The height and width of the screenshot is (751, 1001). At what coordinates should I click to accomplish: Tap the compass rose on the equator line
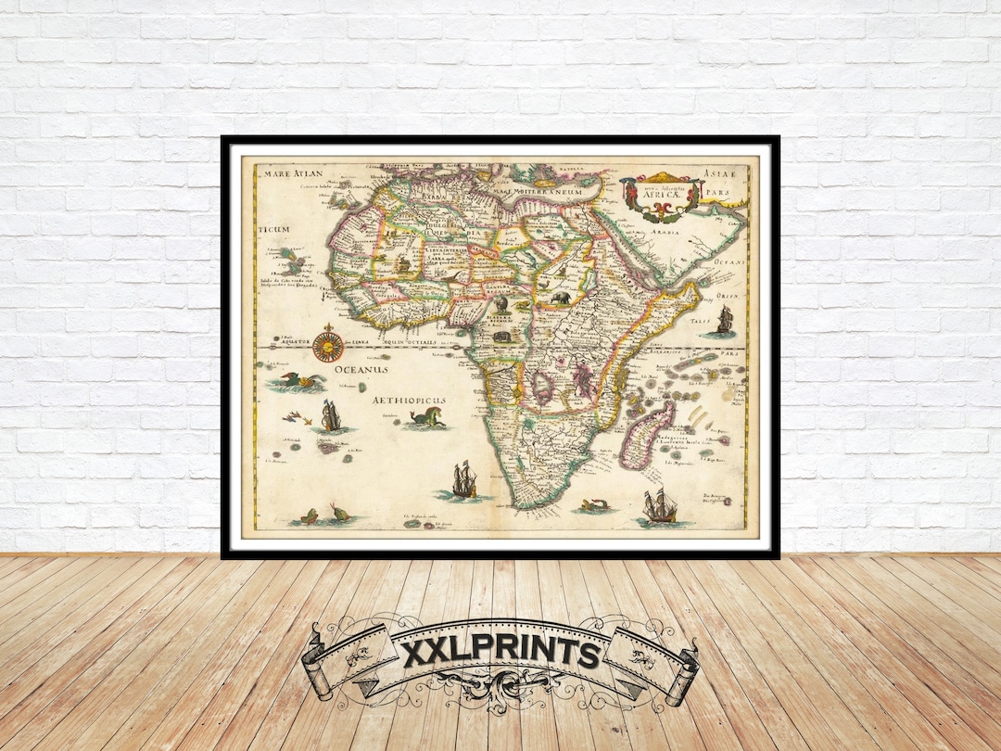pos(326,346)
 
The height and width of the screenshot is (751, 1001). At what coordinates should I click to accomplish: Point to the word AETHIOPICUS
pos(409,400)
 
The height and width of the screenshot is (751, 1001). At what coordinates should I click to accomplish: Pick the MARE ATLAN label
pos(292,173)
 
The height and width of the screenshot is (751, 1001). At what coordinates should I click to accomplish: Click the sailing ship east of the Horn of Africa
pos(724,322)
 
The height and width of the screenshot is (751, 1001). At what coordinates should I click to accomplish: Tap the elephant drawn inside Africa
pos(564,299)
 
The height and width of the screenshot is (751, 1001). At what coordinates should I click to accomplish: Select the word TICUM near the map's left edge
pos(275,229)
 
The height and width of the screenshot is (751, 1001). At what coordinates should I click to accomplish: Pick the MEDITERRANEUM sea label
pos(550,191)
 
